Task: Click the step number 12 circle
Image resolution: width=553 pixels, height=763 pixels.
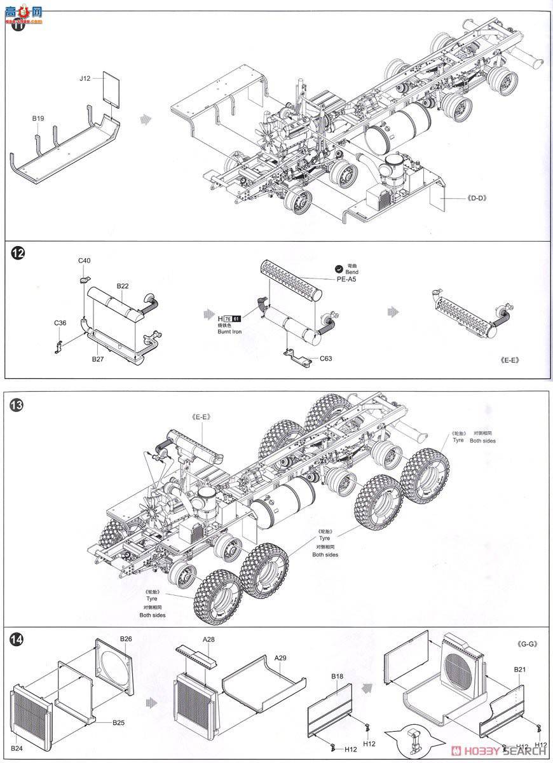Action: [x=18, y=253]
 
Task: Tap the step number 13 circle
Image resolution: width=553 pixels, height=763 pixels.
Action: [x=17, y=404]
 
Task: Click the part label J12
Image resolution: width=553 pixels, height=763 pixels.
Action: [x=85, y=78]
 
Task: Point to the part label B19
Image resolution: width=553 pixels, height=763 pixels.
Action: [x=38, y=118]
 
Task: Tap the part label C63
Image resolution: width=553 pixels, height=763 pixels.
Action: [x=326, y=359]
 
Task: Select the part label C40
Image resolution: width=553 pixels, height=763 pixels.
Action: [x=85, y=261]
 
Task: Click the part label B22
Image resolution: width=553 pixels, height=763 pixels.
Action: [x=123, y=286]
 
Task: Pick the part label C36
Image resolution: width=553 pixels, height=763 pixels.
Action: [x=60, y=323]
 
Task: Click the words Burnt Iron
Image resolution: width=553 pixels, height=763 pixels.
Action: [x=229, y=333]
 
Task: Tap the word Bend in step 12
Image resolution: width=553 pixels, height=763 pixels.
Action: [x=352, y=272]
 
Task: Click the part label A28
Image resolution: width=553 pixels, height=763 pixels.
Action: [x=209, y=639]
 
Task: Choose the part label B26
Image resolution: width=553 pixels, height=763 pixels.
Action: [x=126, y=638]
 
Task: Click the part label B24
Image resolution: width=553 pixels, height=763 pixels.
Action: [x=17, y=748]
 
